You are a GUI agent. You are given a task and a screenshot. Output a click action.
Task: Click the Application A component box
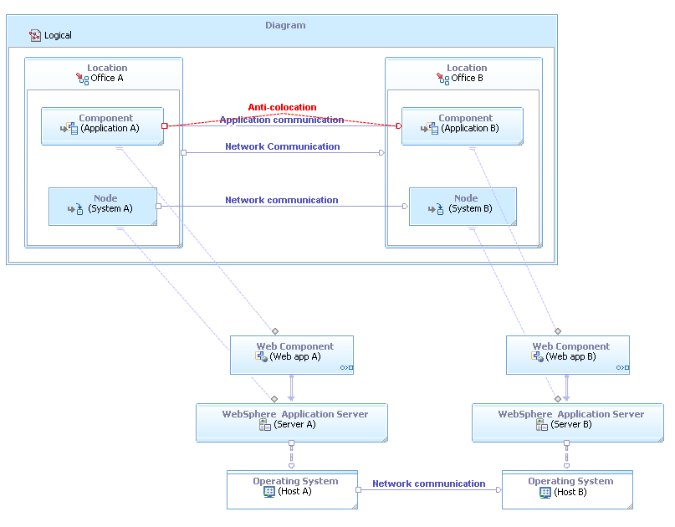coord(102,125)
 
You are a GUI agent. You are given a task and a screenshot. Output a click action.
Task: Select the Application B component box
coord(462,125)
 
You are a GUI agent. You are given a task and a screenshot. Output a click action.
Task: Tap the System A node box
coord(102,206)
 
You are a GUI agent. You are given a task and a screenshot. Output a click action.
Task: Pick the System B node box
coord(463,206)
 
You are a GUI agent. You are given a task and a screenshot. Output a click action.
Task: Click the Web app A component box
coord(291,355)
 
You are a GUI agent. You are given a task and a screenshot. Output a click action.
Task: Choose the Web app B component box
coord(567,355)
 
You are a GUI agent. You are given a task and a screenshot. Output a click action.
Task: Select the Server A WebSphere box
coord(291,422)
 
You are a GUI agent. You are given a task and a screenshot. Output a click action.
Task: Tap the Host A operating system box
coord(291,489)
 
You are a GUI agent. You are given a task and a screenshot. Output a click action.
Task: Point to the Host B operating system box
coord(567,489)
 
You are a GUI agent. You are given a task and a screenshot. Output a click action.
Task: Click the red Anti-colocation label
coord(282,107)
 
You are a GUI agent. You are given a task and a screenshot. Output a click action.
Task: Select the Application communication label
coord(282,120)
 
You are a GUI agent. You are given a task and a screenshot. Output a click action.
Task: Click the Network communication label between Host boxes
coord(428,484)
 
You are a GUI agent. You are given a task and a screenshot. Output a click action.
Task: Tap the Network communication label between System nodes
coord(281,200)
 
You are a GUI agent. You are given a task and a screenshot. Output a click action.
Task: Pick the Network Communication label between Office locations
coord(282,146)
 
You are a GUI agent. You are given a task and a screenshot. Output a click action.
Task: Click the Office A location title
coord(106,78)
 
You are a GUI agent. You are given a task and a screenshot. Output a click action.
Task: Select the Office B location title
coord(467,78)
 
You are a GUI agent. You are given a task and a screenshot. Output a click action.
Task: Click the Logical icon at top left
coord(35,35)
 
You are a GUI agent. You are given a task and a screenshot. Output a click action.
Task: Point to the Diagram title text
coord(285,25)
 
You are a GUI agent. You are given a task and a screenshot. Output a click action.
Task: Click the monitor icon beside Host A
coord(269,492)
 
